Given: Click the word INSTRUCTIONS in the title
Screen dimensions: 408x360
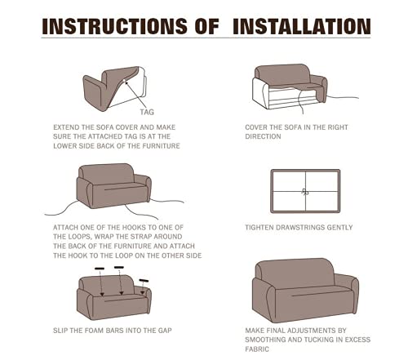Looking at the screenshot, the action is (114, 26).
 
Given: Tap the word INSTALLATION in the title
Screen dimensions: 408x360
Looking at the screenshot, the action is (302, 26).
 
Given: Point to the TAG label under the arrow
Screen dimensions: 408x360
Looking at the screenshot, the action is (147, 112).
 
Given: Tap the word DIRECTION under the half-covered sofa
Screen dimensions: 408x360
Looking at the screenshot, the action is (263, 136).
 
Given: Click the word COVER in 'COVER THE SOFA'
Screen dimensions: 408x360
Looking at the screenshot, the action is (255, 127).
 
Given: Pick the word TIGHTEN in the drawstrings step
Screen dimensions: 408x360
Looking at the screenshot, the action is (259, 228).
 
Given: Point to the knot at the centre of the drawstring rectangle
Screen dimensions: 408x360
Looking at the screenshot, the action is (305, 192).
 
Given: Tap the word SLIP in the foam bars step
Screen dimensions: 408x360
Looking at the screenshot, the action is (60, 331).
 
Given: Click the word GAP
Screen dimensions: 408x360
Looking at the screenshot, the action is (166, 331).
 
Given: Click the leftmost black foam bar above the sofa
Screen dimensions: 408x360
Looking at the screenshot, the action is (100, 269).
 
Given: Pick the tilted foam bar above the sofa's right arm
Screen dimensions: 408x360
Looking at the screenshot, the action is (144, 281).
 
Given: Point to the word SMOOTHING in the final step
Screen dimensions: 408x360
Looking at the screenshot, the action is (265, 340).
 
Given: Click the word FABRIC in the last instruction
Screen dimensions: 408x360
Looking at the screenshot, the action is (257, 349).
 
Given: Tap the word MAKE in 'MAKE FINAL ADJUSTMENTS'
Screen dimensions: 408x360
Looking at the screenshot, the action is (255, 331).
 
